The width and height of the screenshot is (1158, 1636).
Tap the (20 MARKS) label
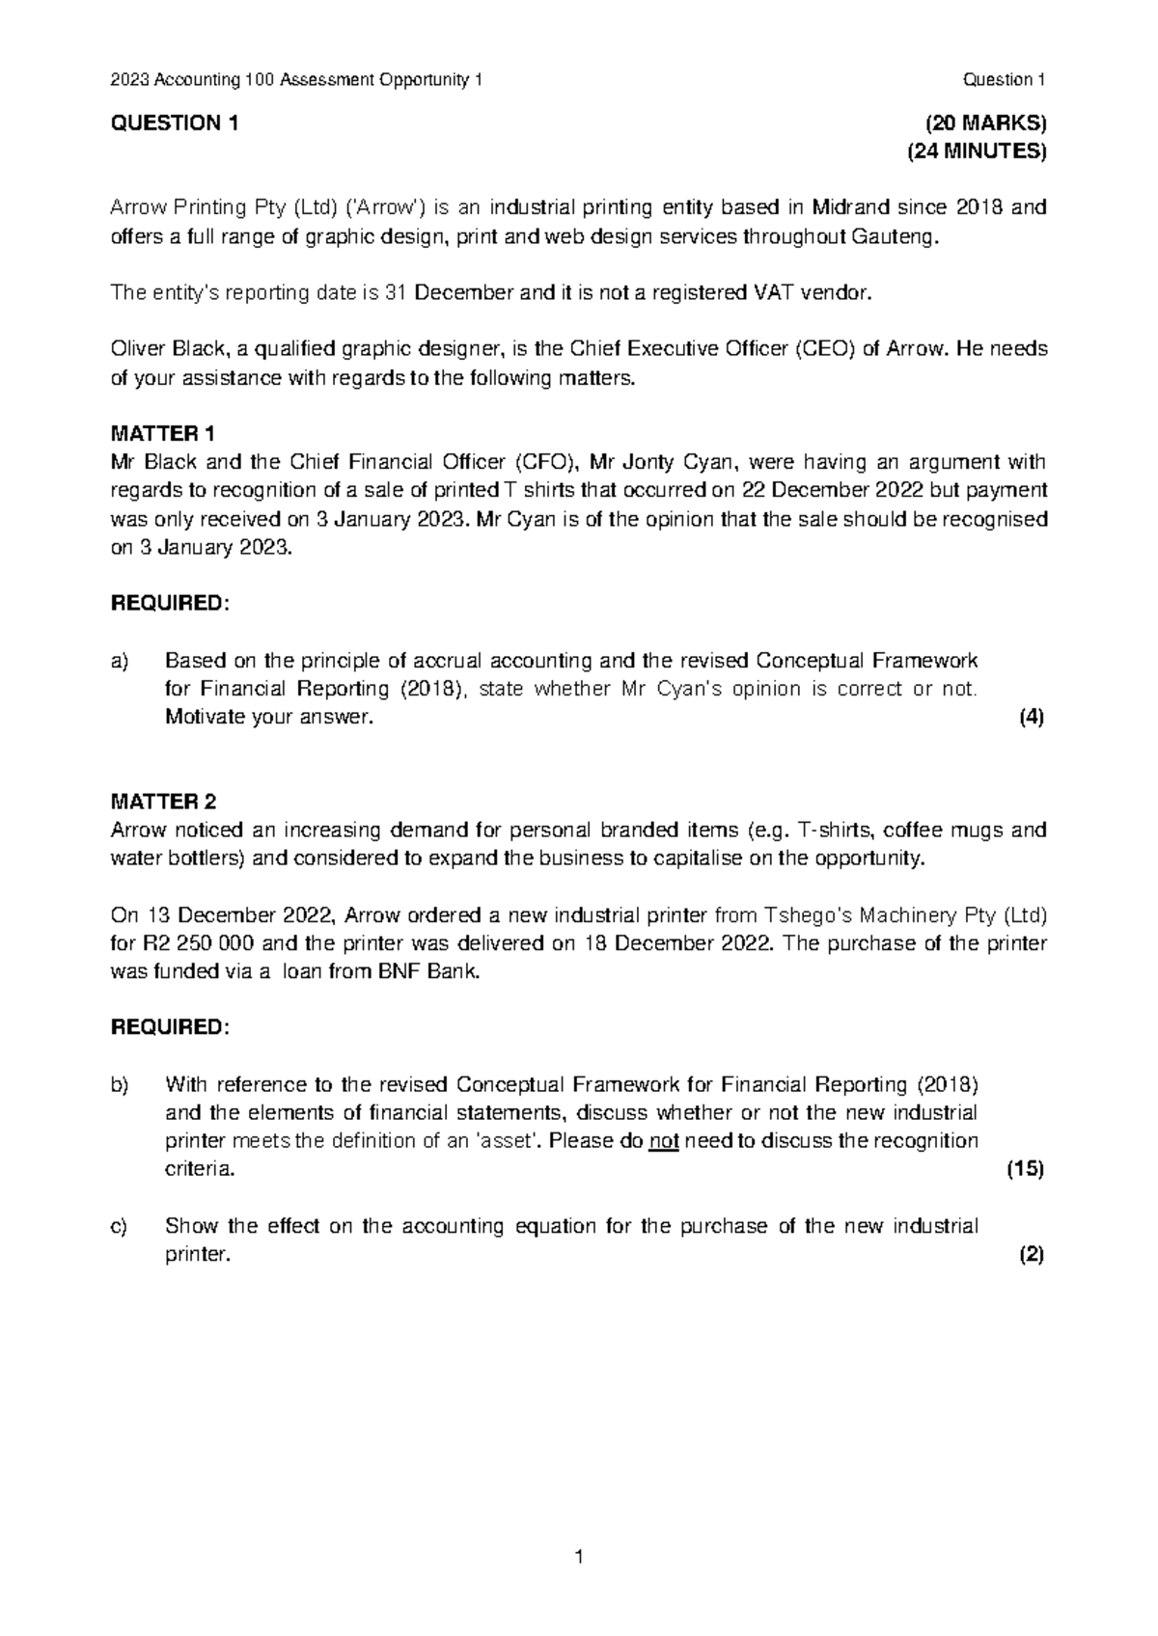click(x=985, y=123)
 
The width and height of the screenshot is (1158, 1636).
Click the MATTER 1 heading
click(x=164, y=433)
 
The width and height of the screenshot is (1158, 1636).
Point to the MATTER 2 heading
click(x=164, y=802)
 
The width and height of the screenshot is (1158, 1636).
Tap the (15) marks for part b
click(x=1026, y=1169)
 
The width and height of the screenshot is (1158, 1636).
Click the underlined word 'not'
click(x=664, y=1141)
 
